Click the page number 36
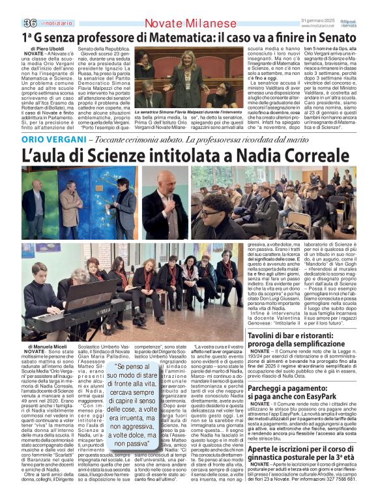click(12, 7)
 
